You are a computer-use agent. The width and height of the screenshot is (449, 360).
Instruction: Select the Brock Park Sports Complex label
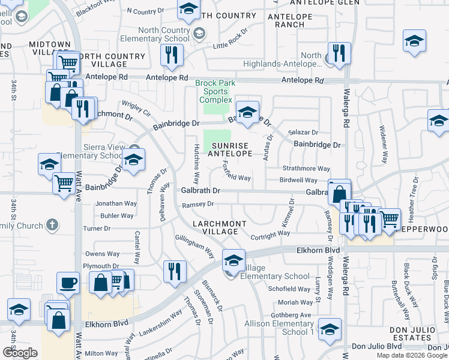[215, 91]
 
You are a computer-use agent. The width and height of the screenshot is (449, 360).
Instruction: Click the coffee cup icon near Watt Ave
[68, 283]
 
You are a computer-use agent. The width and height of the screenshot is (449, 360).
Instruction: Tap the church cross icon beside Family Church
[52, 226]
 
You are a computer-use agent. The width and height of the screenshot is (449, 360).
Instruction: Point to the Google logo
[20, 352]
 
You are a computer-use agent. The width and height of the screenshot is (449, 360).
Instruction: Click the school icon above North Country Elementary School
[188, 10]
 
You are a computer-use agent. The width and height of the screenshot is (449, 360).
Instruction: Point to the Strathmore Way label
[306, 169]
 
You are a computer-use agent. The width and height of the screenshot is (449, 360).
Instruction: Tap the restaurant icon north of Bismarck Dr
[175, 271]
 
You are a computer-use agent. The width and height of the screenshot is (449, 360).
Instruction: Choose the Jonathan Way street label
[116, 203]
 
